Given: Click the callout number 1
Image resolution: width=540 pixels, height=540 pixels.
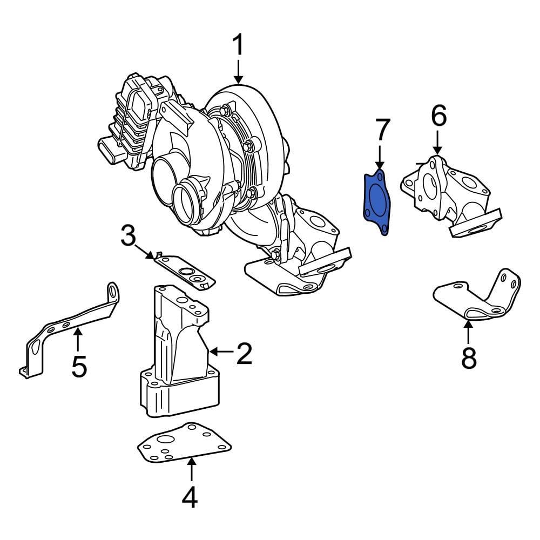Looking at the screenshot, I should point(238,46).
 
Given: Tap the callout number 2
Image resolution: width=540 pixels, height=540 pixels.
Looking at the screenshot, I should point(244,354).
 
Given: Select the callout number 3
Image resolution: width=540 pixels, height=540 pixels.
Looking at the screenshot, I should point(128,236).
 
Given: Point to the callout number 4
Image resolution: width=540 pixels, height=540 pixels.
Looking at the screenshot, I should point(190,497).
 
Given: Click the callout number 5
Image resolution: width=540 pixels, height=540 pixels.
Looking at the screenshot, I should point(79,367).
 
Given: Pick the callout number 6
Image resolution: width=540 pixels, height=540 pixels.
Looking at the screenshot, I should point(438,116).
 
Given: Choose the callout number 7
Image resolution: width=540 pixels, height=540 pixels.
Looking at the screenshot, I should point(382,130).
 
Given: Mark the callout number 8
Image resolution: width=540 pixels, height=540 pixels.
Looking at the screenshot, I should point(469,357).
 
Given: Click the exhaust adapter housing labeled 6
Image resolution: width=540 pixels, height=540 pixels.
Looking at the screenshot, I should point(446,194).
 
